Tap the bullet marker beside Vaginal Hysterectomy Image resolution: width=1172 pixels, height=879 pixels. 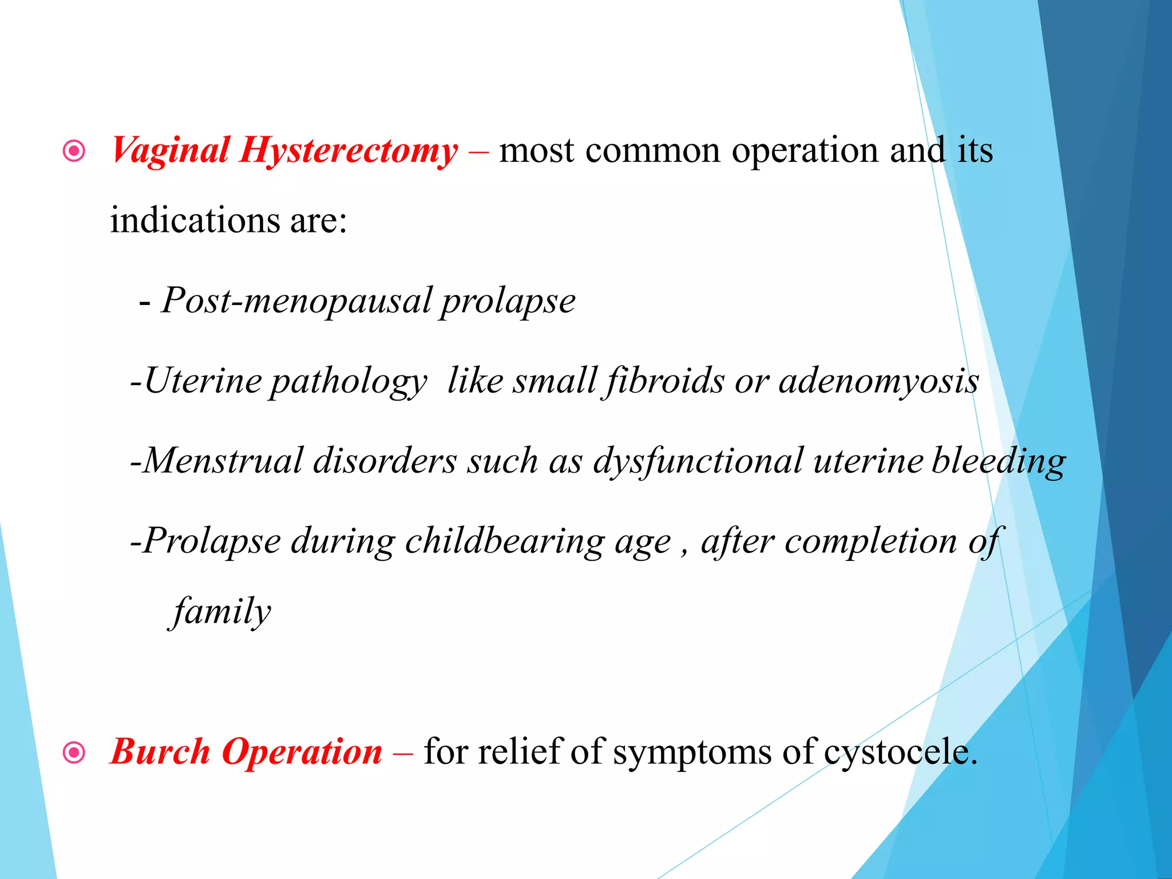pyautogui.click(x=74, y=152)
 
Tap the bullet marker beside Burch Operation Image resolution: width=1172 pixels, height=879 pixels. pyautogui.click(x=74, y=753)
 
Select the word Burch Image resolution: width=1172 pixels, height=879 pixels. pyautogui.click(x=160, y=751)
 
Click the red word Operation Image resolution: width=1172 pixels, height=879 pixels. pyautogui.click(x=302, y=753)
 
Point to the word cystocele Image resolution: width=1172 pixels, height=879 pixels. pyautogui.click(x=900, y=753)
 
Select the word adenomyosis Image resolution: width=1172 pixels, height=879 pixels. pyautogui.click(x=878, y=381)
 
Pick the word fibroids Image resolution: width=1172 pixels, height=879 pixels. pyautogui.click(x=664, y=381)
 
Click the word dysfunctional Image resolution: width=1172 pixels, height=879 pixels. pyautogui.click(x=698, y=461)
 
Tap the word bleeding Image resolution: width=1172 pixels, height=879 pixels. pyautogui.click(x=998, y=461)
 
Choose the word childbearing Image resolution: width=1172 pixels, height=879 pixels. pyautogui.click(x=504, y=541)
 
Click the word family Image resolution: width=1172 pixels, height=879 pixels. pyautogui.click(x=221, y=612)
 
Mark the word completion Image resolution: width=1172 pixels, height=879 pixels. pyautogui.click(x=870, y=541)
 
